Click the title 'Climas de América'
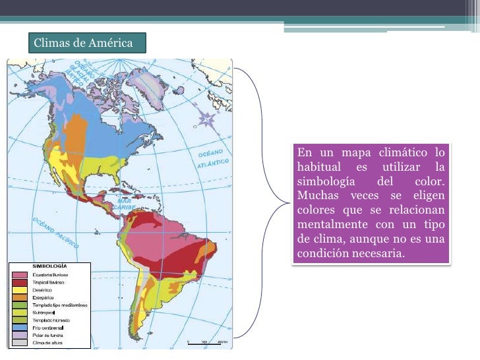click(x=83, y=44)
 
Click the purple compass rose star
click(x=208, y=119)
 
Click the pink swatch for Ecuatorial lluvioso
click(x=20, y=274)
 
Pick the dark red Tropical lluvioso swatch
click(x=20, y=282)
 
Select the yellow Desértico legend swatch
click(x=20, y=290)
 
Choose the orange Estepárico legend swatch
click(x=20, y=298)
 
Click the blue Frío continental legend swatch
click(x=20, y=328)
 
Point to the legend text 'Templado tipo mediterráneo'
click(x=60, y=305)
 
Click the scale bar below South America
click(x=207, y=342)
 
